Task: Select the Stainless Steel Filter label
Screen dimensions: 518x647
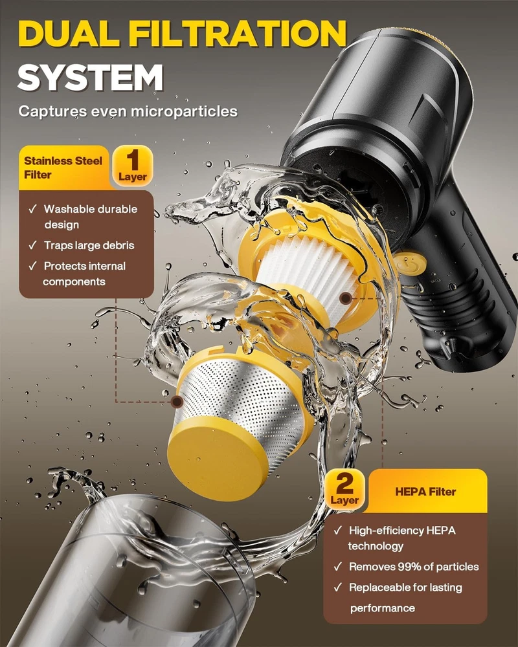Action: point(63,168)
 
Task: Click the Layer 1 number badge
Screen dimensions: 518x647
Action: point(133,166)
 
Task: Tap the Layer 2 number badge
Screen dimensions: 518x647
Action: point(344,489)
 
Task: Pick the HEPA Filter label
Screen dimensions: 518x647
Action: point(425,492)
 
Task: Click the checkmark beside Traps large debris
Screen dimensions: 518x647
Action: point(33,245)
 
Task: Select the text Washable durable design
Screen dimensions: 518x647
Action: point(91,217)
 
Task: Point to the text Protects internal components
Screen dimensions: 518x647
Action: point(84,274)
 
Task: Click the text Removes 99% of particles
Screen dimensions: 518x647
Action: point(414,567)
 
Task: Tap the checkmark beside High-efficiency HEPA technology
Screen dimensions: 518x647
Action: point(338,531)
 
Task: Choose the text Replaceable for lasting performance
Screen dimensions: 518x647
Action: point(405,597)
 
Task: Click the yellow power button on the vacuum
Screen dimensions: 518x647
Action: point(409,264)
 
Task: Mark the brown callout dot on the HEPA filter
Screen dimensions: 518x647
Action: point(345,298)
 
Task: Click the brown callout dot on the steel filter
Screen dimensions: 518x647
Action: point(177,401)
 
